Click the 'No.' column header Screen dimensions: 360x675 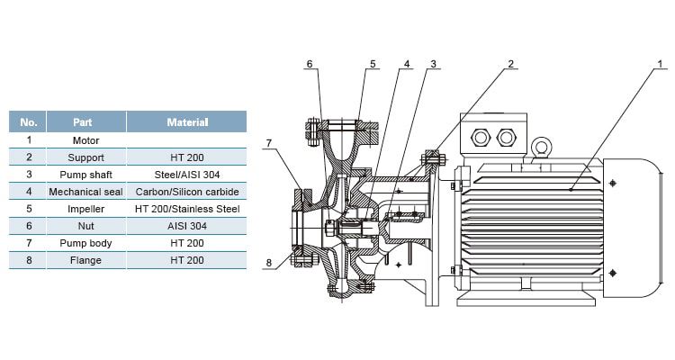click(29, 121)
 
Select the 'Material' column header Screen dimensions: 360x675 click(187, 121)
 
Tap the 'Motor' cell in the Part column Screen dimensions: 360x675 click(85, 140)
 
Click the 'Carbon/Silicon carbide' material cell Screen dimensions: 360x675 click(187, 192)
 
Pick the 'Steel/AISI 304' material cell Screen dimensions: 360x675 click(187, 175)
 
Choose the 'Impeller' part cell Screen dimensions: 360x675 click(85, 209)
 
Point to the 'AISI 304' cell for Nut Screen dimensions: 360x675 click(187, 226)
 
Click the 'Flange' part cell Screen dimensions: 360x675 click(85, 260)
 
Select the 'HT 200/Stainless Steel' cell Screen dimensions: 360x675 click(187, 209)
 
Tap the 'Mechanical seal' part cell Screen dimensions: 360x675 click(85, 192)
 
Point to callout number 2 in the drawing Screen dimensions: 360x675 click(510, 65)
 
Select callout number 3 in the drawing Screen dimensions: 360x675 click(433, 65)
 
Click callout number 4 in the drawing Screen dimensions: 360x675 click(407, 65)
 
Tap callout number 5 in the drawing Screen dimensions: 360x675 click(371, 65)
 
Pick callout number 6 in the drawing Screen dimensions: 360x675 click(310, 65)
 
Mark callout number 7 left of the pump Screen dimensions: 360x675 click(267, 142)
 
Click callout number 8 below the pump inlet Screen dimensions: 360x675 click(267, 263)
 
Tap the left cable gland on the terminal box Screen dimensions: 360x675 click(481, 137)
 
